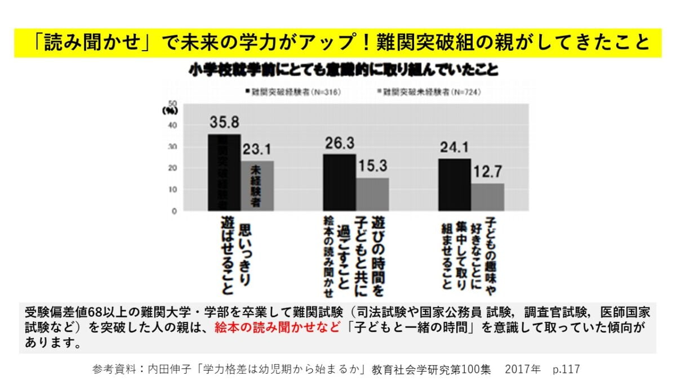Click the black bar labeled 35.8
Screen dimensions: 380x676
[224, 172]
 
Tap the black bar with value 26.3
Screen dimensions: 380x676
[339, 182]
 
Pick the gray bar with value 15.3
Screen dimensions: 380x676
[372, 194]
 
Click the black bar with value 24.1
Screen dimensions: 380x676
[455, 185]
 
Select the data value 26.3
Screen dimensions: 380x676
[340, 143]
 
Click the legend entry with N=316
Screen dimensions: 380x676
[293, 91]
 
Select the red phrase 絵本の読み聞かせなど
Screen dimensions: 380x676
[278, 328]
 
